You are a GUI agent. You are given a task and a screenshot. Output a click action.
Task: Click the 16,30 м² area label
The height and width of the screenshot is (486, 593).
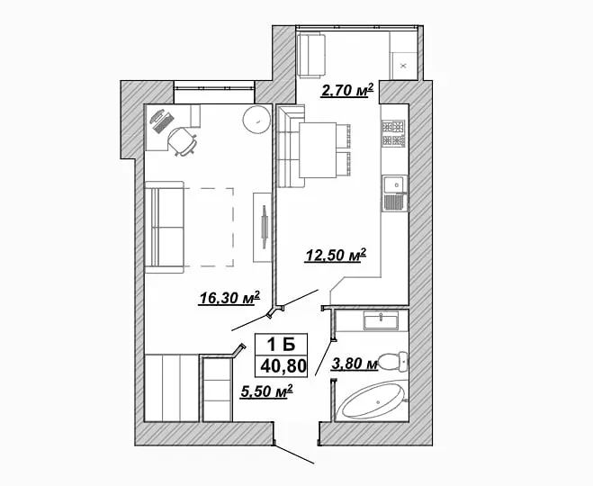tap(229, 298)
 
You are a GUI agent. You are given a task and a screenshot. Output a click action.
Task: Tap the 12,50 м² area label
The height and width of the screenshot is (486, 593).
tap(335, 255)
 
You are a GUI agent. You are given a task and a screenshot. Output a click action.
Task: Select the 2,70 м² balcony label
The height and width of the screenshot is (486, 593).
tap(347, 90)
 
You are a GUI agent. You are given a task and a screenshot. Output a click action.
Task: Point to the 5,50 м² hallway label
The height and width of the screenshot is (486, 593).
tap(266, 391)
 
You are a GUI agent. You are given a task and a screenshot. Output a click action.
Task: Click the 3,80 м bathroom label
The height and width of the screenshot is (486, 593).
tap(355, 364)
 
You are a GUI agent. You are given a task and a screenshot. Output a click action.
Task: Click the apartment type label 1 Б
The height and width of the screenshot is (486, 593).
tap(281, 345)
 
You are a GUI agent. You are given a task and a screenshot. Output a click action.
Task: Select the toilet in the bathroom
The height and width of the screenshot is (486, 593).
tap(393, 362)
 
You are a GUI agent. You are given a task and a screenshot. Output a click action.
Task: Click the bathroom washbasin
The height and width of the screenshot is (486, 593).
tap(381, 320)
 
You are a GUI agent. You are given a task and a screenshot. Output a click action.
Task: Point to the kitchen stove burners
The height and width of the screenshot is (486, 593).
tap(393, 133)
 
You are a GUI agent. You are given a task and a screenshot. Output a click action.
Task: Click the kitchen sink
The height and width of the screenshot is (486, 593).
tap(394, 193)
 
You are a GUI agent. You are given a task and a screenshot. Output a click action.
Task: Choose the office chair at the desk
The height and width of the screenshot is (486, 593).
tap(183, 141)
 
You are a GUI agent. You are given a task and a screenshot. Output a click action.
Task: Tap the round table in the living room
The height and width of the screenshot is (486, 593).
tap(256, 119)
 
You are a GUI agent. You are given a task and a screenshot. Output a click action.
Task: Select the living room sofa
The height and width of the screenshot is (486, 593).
tap(165, 227)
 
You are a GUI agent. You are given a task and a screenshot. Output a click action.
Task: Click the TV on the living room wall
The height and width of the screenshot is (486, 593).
tap(264, 227)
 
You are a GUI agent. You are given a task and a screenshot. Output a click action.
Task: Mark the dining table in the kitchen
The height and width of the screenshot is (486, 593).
tap(318, 149)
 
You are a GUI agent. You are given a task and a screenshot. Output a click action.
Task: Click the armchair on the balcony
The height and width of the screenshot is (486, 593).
tap(311, 56)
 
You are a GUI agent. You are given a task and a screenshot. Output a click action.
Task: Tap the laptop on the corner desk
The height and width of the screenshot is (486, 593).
tap(162, 121)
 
